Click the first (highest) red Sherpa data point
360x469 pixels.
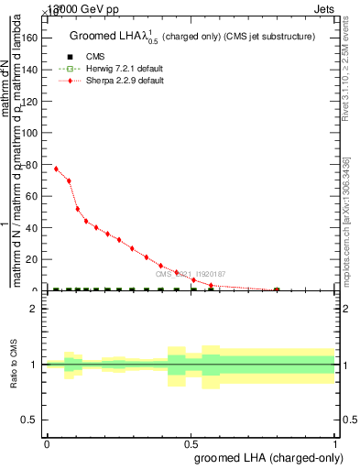56,169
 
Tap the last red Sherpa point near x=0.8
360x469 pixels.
277,289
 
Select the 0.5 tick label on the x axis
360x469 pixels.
191,442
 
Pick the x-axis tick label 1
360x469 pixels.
335,442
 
